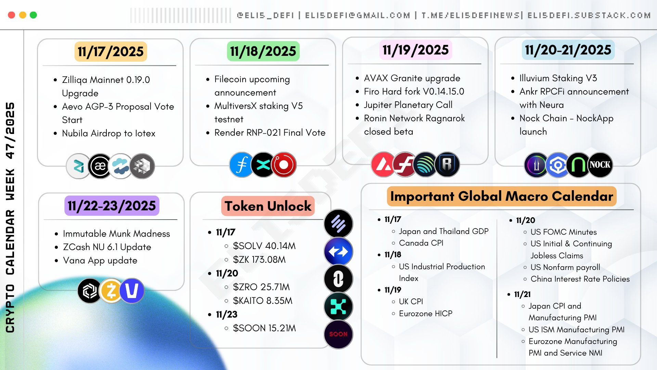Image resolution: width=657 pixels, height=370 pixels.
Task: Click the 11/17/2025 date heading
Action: click(x=111, y=52)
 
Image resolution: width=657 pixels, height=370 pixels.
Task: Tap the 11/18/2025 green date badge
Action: click(x=263, y=51)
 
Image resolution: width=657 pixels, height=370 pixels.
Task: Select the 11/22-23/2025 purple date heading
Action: click(x=112, y=206)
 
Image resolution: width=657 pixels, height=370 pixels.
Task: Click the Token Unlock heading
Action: click(x=268, y=206)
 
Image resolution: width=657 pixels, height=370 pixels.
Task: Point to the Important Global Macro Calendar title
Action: click(x=502, y=196)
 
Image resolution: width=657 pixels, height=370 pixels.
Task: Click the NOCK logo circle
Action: click(x=600, y=165)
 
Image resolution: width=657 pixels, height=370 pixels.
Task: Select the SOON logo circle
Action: click(x=338, y=334)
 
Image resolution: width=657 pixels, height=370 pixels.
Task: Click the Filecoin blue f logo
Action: click(x=242, y=165)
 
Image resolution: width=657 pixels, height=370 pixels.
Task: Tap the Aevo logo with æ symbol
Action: click(x=100, y=166)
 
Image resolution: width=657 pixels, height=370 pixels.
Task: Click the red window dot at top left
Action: click(x=11, y=15)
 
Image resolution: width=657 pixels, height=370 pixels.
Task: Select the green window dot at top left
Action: click(x=33, y=15)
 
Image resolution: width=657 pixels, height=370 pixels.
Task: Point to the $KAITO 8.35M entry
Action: click(x=262, y=301)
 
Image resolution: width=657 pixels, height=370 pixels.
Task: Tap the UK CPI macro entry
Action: click(x=411, y=301)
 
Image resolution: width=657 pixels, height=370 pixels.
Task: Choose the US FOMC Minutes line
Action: click(x=563, y=232)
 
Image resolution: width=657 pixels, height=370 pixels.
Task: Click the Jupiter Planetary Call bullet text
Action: click(x=408, y=105)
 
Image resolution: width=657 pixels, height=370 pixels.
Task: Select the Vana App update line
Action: click(x=100, y=261)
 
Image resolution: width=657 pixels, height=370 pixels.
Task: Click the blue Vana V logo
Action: click(x=132, y=291)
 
